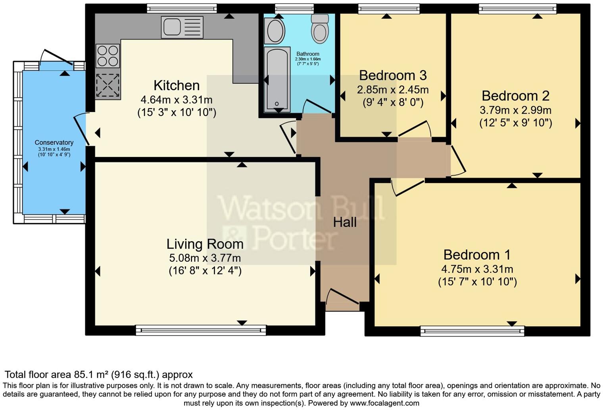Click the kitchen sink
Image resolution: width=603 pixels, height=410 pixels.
point(182,27)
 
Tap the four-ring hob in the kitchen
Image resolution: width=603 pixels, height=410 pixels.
point(108,56)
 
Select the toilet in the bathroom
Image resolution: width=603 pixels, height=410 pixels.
point(320,29)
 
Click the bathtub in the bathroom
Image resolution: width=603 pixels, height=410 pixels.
point(277,79)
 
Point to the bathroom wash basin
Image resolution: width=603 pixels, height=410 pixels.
point(275,31)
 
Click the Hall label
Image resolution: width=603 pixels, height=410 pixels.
point(344,222)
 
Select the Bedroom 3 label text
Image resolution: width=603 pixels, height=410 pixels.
point(392,75)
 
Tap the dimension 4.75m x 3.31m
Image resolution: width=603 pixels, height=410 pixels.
point(477,269)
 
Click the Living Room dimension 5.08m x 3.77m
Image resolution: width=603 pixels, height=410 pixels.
point(205,258)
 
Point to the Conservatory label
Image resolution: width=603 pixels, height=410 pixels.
point(54,142)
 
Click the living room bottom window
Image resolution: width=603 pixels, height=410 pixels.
point(201,330)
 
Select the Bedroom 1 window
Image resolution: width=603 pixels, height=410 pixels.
point(472,331)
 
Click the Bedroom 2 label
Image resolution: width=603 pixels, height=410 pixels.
point(515,96)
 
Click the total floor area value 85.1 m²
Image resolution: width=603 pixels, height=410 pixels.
point(91,375)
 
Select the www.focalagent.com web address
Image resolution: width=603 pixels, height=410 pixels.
point(384,403)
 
